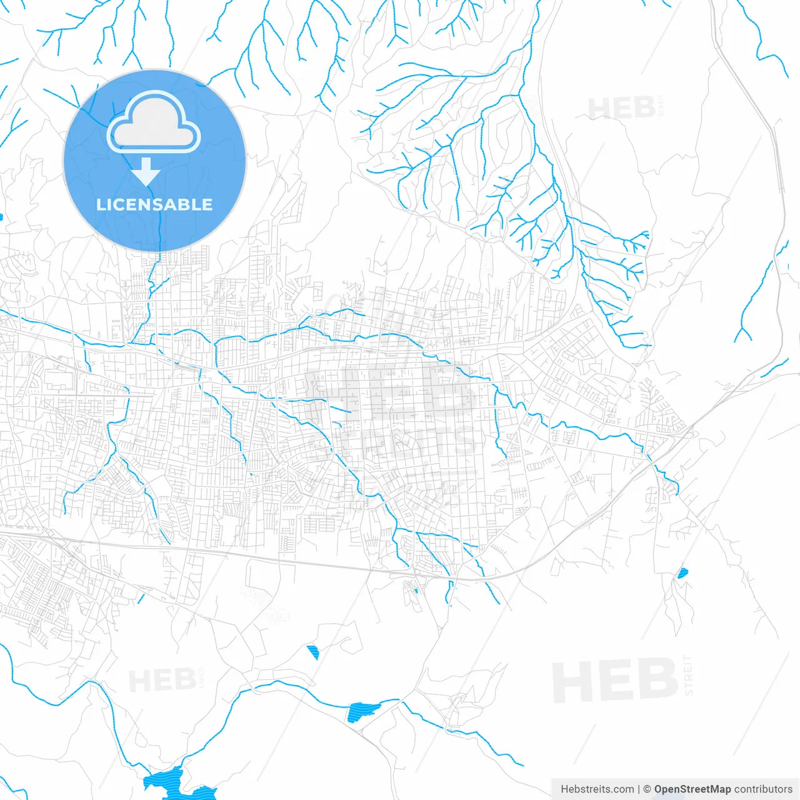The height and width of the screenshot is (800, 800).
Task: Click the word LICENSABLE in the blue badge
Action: coord(154,204)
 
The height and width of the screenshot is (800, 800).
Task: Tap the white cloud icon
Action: coord(154,123)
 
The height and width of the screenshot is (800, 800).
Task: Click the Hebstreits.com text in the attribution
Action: coord(597,789)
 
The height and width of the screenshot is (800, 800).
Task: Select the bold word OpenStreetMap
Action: coord(692,789)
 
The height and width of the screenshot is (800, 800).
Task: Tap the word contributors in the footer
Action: coord(763,789)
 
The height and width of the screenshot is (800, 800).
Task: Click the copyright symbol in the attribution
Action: coord(647,789)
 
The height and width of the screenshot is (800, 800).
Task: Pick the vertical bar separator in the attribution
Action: coord(639,789)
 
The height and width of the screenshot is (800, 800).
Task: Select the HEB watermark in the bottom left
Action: coord(162,680)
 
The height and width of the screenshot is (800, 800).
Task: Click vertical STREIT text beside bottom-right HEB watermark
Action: coord(689,675)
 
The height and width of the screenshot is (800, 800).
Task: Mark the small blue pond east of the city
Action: coord(682,572)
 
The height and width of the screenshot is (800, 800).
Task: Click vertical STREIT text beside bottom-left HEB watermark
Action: coord(201,677)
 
